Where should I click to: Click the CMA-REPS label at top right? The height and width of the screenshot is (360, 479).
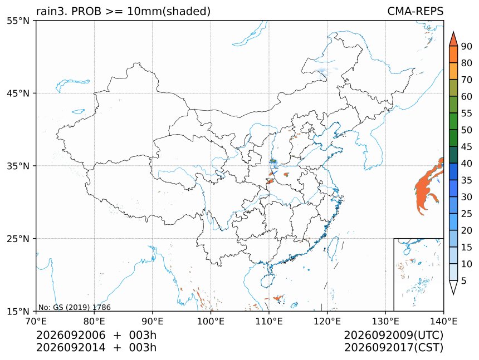tap(415, 11)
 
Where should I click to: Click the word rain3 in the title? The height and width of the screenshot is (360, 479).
tap(51, 11)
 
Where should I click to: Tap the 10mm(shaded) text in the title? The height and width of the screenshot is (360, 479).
tap(169, 12)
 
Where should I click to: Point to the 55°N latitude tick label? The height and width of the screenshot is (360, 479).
tap(18, 21)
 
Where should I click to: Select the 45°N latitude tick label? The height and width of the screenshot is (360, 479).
tap(18, 93)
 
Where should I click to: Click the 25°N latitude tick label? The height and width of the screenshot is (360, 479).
tap(18, 238)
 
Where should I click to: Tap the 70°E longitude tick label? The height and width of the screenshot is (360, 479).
tap(36, 321)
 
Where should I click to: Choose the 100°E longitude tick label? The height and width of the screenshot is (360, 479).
tap(211, 321)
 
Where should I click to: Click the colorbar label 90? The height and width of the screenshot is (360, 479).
tap(467, 46)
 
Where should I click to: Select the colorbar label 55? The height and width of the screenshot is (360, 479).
tap(467, 114)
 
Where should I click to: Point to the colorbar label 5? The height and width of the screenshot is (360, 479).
tap(464, 280)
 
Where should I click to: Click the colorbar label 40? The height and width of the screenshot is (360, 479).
tap(467, 164)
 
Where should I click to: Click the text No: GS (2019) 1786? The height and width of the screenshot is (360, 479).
tap(75, 307)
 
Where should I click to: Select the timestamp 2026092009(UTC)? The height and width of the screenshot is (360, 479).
tap(394, 335)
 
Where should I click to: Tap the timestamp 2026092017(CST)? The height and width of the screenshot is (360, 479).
tap(394, 348)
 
